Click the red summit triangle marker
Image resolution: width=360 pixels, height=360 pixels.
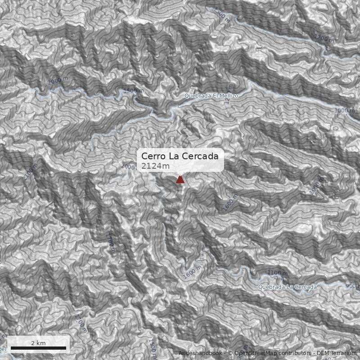click(x=180, y=180)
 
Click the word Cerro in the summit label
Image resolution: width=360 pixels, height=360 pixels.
click(x=153, y=156)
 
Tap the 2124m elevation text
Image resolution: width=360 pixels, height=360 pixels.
click(x=155, y=166)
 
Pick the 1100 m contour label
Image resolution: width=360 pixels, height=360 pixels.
click(x=277, y=273)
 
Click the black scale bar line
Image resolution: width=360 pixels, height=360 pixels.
click(x=38, y=348)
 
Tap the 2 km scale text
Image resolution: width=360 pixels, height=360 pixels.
click(x=38, y=343)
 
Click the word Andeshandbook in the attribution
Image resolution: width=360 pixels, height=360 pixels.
click(x=200, y=353)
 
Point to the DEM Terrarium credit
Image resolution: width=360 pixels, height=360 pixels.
click(x=336, y=353)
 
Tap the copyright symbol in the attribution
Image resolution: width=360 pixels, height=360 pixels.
click(x=230, y=353)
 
